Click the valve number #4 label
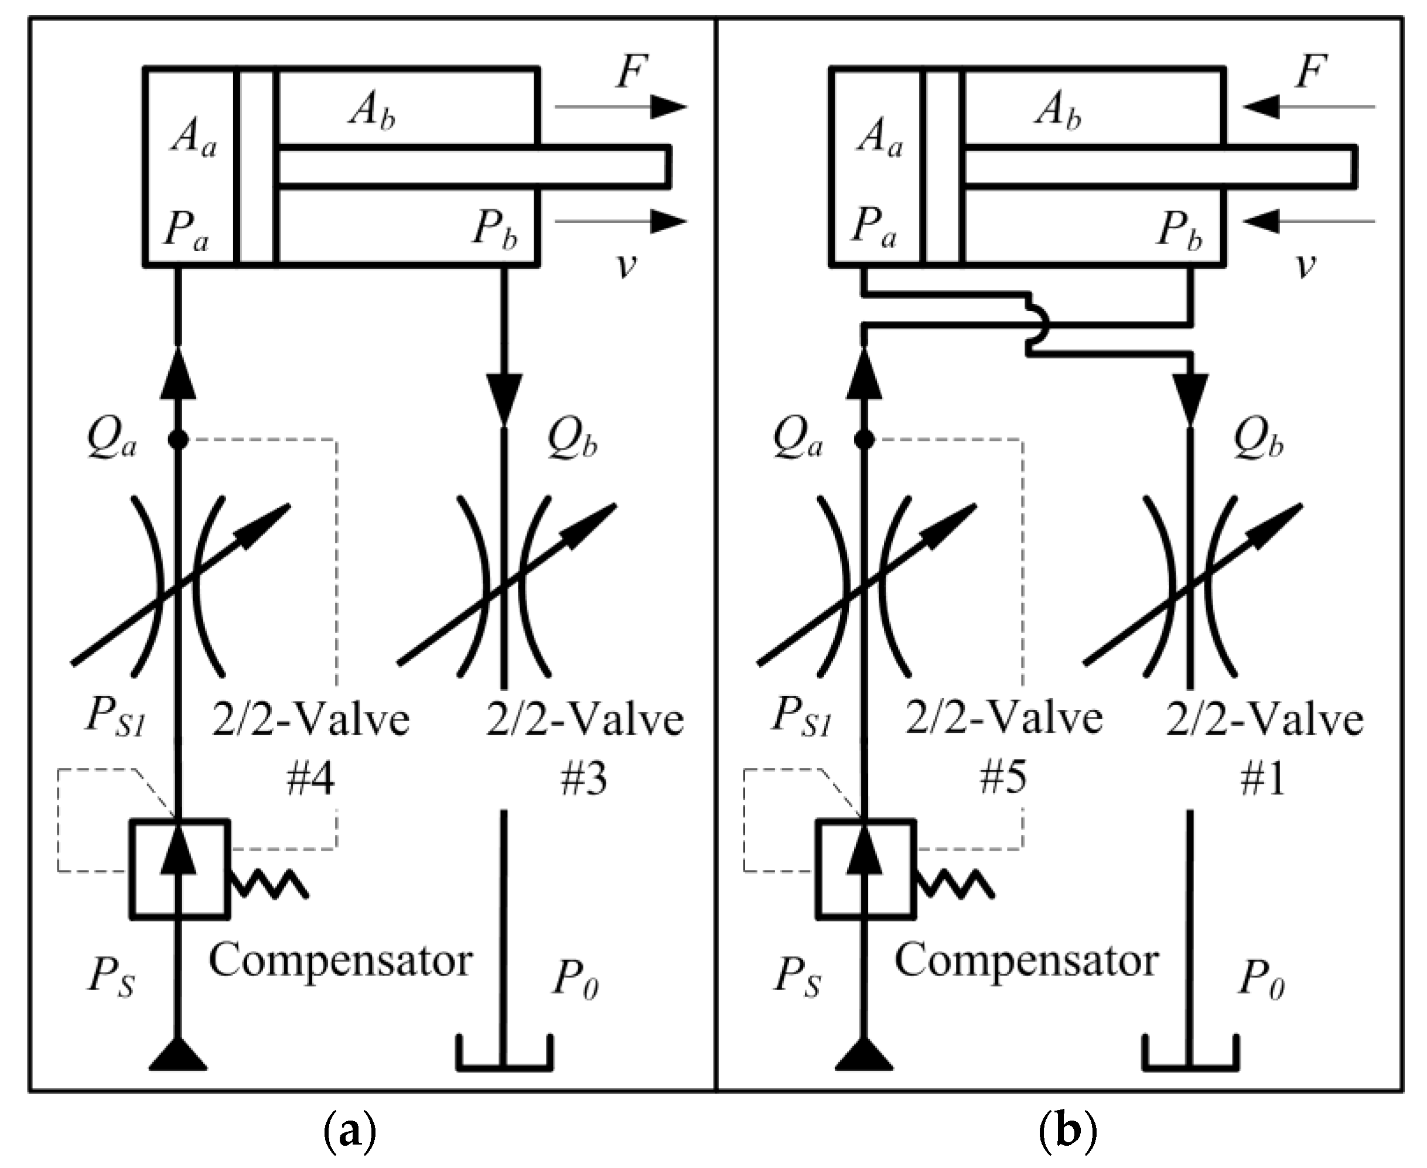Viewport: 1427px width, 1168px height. (310, 780)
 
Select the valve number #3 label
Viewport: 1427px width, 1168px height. (583, 780)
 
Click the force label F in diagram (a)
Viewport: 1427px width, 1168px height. (631, 73)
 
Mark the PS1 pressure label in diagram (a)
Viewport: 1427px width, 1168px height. (115, 718)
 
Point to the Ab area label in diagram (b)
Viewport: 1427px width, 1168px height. (1059, 109)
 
